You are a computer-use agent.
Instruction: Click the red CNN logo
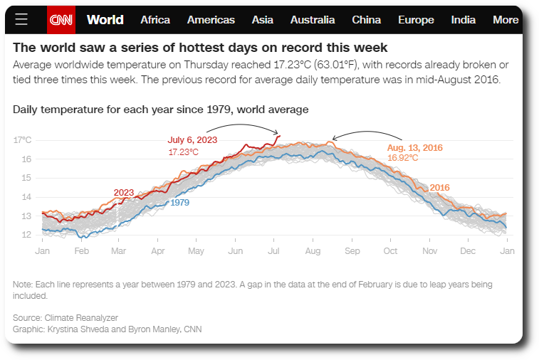point(61,20)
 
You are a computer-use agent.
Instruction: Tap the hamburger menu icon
point(21,20)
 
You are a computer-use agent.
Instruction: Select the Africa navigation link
point(155,20)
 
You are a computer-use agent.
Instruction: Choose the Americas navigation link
point(211,20)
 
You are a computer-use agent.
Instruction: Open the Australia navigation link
point(313,20)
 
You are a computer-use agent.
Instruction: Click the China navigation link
point(366,20)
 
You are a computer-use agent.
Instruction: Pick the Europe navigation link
point(416,20)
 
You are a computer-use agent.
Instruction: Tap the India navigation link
point(464,20)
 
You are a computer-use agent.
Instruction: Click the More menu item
point(506,20)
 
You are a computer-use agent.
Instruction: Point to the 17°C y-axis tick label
point(23,140)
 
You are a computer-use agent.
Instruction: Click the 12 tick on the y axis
point(26,235)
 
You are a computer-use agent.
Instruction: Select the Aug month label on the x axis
point(313,251)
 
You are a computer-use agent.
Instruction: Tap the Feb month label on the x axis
point(82,251)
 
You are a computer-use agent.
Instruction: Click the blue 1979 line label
point(181,202)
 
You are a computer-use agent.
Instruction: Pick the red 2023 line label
point(124,193)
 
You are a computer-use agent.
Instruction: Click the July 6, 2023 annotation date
point(192,140)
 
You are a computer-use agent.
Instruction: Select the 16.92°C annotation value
point(402,158)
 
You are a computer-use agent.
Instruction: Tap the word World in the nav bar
point(105,20)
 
